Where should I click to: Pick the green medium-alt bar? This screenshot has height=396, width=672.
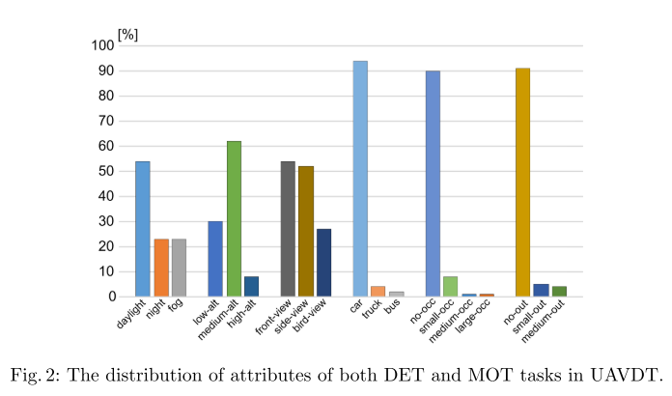click(x=234, y=218)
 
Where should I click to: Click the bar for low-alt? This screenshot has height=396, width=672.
click(x=215, y=259)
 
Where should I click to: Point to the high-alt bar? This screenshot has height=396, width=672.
click(x=252, y=286)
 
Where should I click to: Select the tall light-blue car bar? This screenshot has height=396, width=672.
click(x=360, y=179)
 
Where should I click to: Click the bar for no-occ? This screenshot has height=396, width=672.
click(x=433, y=184)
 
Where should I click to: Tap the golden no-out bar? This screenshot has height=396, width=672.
click(x=522, y=183)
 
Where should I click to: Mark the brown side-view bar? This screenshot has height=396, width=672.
click(x=306, y=231)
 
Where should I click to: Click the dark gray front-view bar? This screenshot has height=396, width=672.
click(x=288, y=229)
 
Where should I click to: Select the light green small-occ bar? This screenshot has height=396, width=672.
click(x=450, y=286)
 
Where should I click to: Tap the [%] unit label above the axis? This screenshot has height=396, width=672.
click(x=127, y=34)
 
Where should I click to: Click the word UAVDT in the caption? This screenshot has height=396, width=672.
click(x=630, y=373)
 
